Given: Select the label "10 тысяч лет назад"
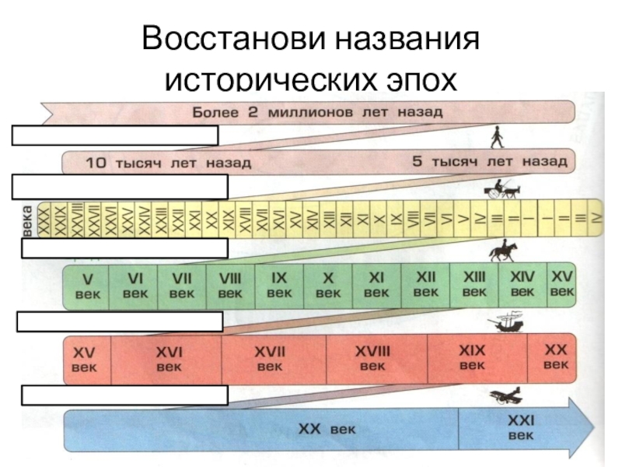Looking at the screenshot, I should [168, 163].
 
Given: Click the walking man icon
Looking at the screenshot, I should [496, 137].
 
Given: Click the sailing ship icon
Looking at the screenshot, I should [505, 321].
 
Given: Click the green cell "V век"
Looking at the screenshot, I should [86, 284].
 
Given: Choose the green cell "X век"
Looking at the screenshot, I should [328, 284].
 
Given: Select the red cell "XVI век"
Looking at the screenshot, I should [167, 358].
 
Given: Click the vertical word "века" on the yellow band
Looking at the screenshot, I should [28, 218].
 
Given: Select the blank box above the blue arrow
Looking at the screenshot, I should [124, 395].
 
